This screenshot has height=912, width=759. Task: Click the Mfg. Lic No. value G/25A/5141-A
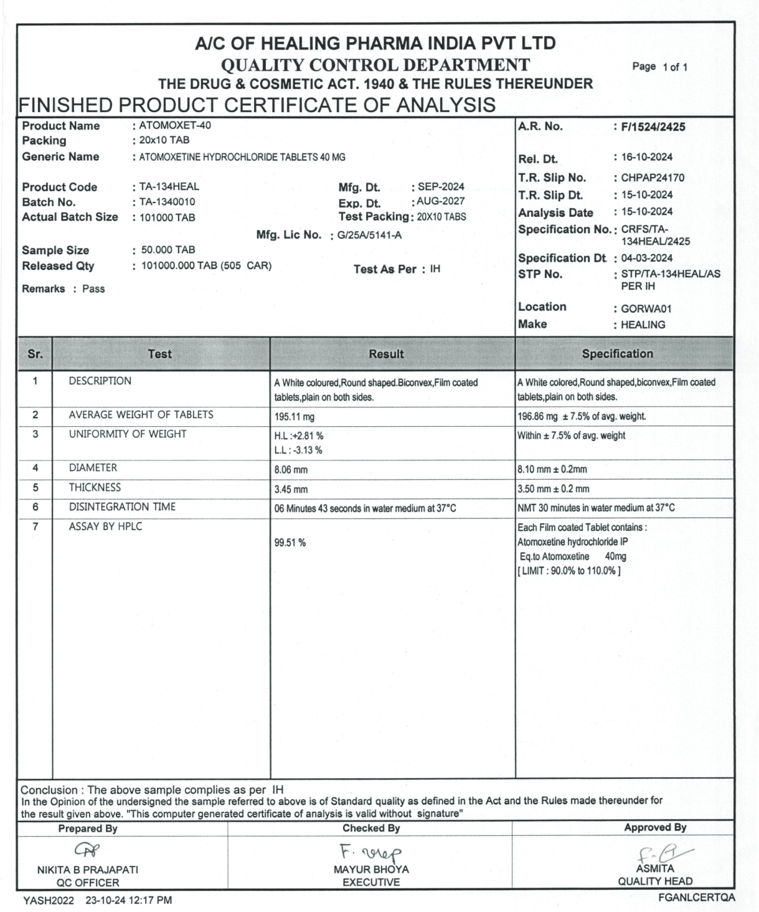tap(369, 236)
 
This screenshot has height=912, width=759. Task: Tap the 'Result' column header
tap(386, 354)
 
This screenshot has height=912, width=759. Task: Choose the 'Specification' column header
tap(617, 354)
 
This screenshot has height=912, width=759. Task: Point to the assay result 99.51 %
tap(290, 543)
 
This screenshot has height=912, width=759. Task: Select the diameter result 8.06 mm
tap(291, 470)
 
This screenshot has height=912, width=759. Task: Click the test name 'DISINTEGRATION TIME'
tap(122, 507)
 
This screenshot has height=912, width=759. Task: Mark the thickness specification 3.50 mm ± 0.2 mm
tap(554, 490)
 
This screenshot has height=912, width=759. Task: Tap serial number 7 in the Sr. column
tap(35, 527)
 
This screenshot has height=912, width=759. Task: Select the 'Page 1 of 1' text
tap(659, 67)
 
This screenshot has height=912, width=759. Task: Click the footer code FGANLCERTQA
tap(698, 897)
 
